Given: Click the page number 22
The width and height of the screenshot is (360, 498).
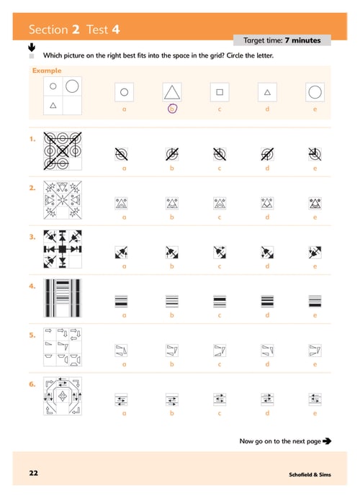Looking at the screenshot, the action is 33,473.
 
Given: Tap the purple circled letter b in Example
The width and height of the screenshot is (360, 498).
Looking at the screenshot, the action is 172,109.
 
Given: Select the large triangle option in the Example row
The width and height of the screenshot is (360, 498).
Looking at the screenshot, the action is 172,92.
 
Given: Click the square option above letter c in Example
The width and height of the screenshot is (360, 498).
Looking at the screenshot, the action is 220,92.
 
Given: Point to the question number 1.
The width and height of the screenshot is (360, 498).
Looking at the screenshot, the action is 32,139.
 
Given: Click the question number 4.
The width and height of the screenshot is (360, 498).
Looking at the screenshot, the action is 32,286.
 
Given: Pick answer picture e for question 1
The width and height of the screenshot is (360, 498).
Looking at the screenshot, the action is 315,154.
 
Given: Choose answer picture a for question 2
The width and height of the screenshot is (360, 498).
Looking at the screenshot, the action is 121,203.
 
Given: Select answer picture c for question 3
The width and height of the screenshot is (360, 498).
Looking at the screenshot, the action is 220,253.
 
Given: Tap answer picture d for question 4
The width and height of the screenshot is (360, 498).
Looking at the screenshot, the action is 267,302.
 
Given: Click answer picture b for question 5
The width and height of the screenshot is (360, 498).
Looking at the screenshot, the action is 172,350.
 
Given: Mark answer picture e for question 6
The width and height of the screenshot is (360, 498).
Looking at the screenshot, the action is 315,399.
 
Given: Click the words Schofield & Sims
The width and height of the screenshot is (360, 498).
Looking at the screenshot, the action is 310,474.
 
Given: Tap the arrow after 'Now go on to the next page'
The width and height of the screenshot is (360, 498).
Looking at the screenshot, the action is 327,441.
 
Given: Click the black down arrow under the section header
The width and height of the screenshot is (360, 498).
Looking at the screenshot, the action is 32,47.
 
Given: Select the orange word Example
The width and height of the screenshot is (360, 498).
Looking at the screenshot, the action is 47,71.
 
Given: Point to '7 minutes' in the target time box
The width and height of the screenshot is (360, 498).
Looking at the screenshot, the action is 303,40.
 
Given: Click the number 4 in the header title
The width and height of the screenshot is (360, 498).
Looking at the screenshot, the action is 116,30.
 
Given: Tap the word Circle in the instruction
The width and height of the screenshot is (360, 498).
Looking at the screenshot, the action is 235,55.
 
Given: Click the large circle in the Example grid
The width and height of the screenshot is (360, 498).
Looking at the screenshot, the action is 72,80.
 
